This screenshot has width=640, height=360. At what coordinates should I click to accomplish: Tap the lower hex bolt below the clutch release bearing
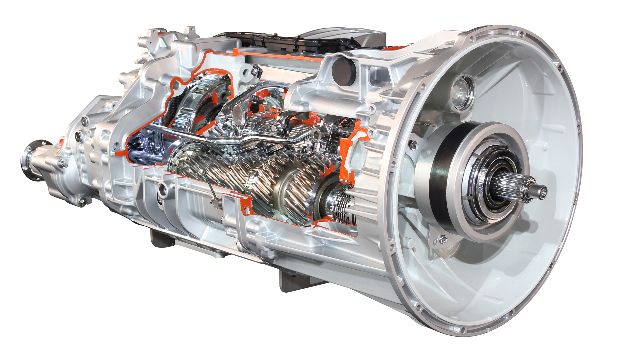[443, 239]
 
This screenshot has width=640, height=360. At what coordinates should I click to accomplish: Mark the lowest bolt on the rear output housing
[82, 201]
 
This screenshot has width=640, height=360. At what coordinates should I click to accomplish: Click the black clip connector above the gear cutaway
[256, 70]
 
